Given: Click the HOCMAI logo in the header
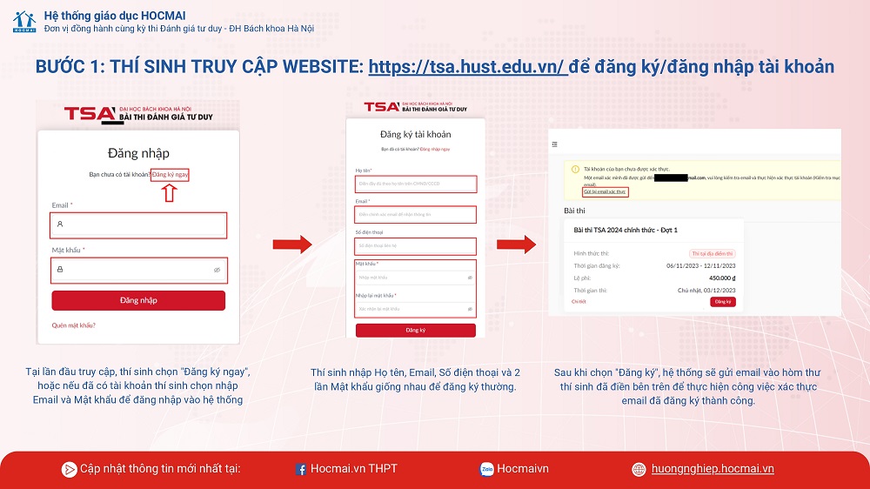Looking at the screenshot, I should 23,22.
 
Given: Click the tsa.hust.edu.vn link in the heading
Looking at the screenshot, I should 468,67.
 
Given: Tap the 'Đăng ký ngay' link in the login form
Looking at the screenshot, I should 170,175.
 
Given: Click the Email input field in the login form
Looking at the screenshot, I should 138,224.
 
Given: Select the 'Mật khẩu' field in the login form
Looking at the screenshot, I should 138,270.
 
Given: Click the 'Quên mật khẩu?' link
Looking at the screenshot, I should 73,325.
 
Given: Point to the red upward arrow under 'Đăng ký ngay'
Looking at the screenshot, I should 170,192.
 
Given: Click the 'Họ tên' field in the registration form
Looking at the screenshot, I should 416,184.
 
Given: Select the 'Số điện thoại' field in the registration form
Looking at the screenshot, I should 416,245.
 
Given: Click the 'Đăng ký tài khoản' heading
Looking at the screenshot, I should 416,134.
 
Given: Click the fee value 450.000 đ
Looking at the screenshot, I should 721,278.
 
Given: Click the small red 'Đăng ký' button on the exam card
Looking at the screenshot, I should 722,302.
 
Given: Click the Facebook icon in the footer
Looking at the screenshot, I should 301,470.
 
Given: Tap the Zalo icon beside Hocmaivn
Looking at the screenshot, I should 487,470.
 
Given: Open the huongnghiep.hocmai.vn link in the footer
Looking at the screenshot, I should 713,469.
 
